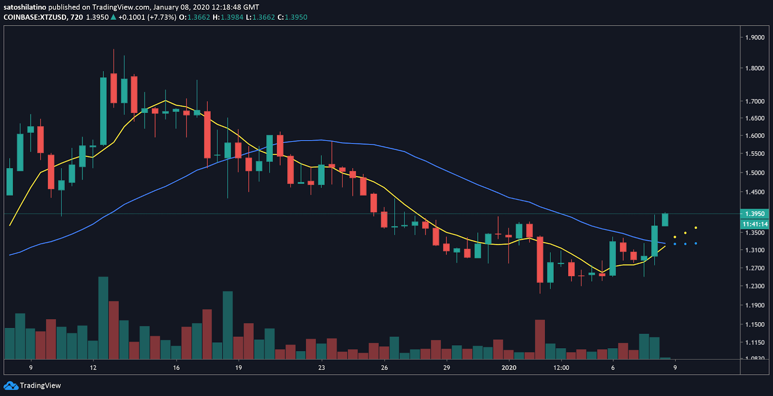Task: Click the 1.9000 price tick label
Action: tap(755, 37)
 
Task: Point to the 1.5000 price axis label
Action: tap(755, 172)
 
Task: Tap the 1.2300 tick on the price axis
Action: tap(755, 286)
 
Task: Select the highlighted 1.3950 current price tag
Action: tap(755, 213)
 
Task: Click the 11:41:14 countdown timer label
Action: tap(755, 224)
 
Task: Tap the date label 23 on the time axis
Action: tap(322, 368)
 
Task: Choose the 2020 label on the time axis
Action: tap(509, 368)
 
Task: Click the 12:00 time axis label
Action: tap(561, 368)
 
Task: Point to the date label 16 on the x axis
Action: tap(176, 368)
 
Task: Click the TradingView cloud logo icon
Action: tap(10, 385)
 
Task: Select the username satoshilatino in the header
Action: tap(25, 7)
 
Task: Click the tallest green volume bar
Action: tap(103, 318)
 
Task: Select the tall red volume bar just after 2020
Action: tap(540, 339)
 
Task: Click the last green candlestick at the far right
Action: tap(665, 220)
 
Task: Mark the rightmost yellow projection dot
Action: tap(696, 227)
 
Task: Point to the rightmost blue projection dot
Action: tap(696, 243)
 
